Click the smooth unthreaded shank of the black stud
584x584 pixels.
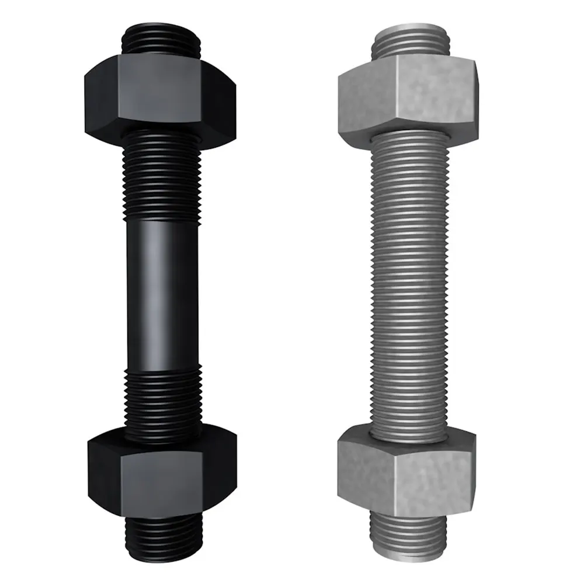click(x=162, y=292)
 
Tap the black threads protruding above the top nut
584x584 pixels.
click(x=162, y=38)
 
